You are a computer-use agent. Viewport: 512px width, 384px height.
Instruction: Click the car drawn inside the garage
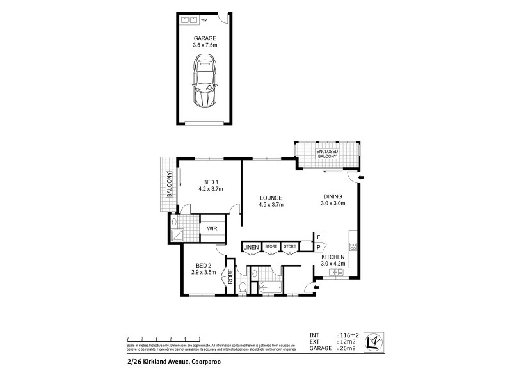pos(206,82)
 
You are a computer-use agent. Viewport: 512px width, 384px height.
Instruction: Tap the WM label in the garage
pos(205,20)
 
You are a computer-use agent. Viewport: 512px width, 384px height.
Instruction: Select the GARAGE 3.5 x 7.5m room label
pos(206,42)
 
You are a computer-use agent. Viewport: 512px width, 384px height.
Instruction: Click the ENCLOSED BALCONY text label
pos(328,154)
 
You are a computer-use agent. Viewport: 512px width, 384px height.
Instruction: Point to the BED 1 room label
pos(211,185)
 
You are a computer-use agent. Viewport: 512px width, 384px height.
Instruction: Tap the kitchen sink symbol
pos(335,272)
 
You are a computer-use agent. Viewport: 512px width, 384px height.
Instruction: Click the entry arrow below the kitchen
pos(309,286)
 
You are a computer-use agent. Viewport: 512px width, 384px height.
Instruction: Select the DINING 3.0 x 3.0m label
pos(333,200)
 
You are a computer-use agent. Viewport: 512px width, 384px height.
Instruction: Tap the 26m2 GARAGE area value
pos(348,348)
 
